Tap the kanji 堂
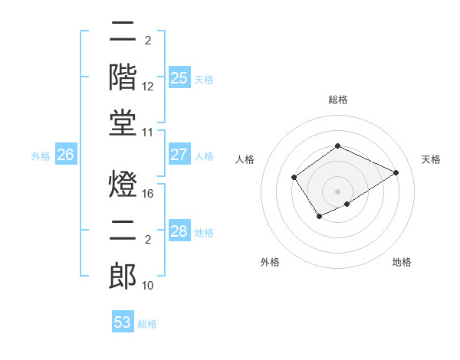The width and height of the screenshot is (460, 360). pyautogui.click(x=123, y=123)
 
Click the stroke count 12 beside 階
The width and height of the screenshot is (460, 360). pyautogui.click(x=148, y=87)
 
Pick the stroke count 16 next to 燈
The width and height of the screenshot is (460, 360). pyautogui.click(x=148, y=195)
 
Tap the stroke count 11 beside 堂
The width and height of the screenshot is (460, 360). pyautogui.click(x=148, y=133)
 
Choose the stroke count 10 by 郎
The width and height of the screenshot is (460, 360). pyautogui.click(x=148, y=286)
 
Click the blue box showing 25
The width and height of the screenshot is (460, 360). pyautogui.click(x=179, y=77)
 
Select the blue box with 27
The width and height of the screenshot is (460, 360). pyautogui.click(x=179, y=155)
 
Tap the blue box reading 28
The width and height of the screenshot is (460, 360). pyautogui.click(x=179, y=231)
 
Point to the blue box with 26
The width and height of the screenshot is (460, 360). pyautogui.click(x=66, y=155)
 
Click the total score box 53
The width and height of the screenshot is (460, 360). pyautogui.click(x=123, y=322)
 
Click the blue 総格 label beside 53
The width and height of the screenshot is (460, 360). pyautogui.click(x=147, y=324)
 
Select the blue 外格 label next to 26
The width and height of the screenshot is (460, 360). pyautogui.click(x=41, y=156)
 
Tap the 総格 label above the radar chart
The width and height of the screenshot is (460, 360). pyautogui.click(x=337, y=100)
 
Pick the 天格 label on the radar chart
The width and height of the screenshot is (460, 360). pyautogui.click(x=431, y=159)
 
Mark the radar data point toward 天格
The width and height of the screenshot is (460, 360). pyautogui.click(x=396, y=172)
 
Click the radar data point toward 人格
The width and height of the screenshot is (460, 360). pyautogui.click(x=294, y=178)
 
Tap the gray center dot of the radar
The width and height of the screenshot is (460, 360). pyautogui.click(x=337, y=191)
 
